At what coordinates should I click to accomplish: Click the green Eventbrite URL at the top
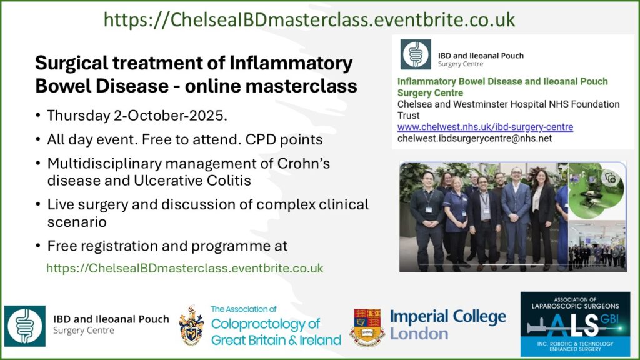pos(309,19)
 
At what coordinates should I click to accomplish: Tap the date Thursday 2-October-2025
pos(137,116)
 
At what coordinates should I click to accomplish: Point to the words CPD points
pos(284,139)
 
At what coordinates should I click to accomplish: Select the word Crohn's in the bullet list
pos(304,163)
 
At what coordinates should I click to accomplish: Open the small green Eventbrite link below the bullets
pos(185,268)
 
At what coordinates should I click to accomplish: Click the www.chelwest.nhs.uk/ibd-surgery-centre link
pos(485,127)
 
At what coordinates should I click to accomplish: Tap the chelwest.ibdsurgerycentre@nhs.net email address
pos(475,138)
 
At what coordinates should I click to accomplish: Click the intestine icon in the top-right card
pos(416,54)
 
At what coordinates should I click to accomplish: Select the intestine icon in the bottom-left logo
pos(25,326)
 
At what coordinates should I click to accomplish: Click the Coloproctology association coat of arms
pos(191,325)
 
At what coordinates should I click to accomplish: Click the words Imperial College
pos(447,317)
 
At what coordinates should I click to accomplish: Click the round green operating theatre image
pos(597,191)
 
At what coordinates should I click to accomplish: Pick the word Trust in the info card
pos(409,116)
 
